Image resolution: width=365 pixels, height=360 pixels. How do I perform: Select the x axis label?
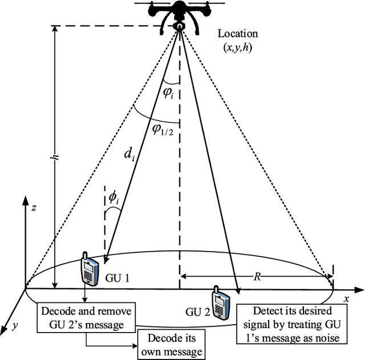[x=346, y=298]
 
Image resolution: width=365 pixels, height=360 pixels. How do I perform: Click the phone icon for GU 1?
[x=88, y=269]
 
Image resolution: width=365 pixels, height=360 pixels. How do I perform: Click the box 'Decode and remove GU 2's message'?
[x=86, y=317]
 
